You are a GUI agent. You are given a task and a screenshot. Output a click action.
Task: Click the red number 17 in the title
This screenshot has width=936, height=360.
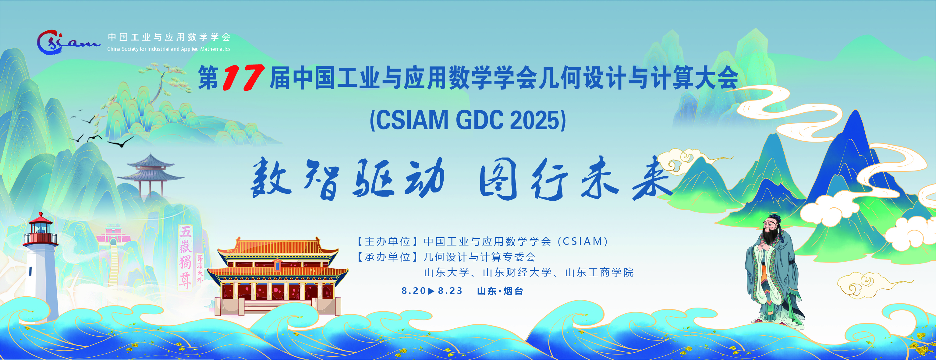(x=243, y=77)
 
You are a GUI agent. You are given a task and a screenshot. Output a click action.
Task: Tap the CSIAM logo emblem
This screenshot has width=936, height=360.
(x=68, y=43)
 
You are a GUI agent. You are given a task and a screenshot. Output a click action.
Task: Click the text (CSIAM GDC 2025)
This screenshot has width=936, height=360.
(x=468, y=120)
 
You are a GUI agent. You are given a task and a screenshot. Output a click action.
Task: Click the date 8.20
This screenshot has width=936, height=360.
(x=413, y=291)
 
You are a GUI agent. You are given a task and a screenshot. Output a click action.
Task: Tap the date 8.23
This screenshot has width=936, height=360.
(x=450, y=291)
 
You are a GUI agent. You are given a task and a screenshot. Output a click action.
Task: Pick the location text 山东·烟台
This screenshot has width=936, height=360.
(x=500, y=291)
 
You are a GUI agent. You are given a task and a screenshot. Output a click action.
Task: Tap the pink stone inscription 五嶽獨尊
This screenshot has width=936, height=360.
(x=186, y=257)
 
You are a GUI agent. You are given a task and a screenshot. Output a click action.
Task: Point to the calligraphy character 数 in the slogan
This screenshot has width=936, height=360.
(x=270, y=178)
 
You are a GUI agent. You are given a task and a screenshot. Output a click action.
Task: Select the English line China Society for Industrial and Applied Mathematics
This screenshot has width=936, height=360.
(x=168, y=49)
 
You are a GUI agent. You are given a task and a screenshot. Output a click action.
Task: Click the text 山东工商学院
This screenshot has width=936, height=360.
(x=600, y=273)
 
